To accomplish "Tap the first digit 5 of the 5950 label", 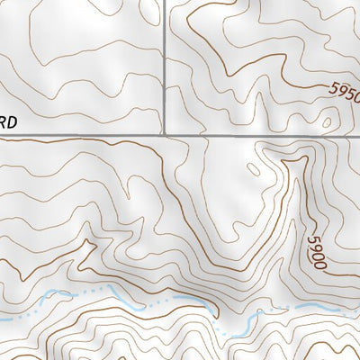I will pyautogui.click(x=333, y=88).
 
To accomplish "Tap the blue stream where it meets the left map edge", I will pyautogui.click(x=2, y=318).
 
